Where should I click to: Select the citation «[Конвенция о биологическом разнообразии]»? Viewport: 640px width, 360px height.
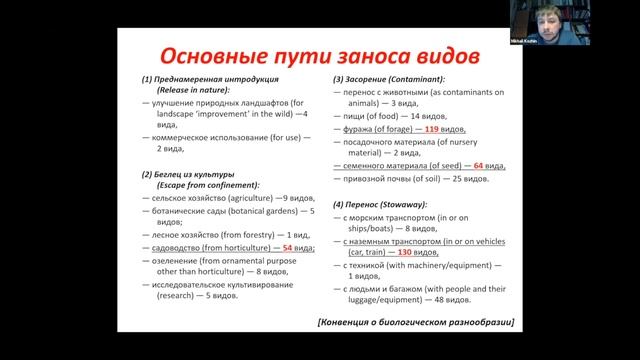click(415, 321)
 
